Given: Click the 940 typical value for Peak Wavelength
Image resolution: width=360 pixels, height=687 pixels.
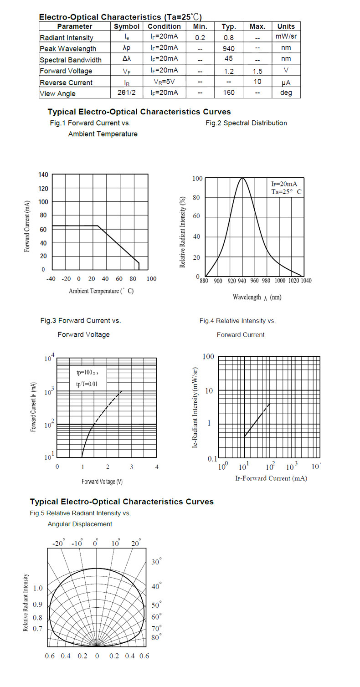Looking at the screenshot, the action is tap(229, 48).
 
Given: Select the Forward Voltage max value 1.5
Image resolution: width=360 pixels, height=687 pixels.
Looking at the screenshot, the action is tap(257, 71).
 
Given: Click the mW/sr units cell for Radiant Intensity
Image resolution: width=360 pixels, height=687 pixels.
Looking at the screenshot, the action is tap(286, 36).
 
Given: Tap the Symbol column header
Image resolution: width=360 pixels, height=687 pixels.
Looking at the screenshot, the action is tap(126, 26).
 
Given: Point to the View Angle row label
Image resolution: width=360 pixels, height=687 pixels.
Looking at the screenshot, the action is tap(57, 93).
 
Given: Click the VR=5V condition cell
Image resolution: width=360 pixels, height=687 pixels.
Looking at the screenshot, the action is tap(164, 82).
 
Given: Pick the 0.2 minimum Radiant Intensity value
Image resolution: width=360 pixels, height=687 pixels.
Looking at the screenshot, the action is tap(200, 37).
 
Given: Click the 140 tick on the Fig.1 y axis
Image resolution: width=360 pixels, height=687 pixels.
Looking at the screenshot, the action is tap(43, 175).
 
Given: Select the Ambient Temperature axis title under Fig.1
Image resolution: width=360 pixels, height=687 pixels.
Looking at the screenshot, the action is tap(101, 291).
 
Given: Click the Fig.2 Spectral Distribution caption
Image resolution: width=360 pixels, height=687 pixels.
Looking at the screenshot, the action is tap(247, 123).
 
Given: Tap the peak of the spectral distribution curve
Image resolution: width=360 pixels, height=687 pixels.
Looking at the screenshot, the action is tap(242, 178).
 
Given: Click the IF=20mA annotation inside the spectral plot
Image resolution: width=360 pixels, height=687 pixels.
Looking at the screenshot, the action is tap(284, 184).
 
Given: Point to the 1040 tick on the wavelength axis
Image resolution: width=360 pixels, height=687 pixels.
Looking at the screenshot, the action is tap(306, 280).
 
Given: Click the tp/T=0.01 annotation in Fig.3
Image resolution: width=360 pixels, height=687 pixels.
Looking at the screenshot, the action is tap(87, 384).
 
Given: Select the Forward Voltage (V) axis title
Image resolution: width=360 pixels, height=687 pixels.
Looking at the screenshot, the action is tap(102, 482).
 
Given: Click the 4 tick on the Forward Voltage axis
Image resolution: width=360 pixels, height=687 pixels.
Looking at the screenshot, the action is tap(157, 467).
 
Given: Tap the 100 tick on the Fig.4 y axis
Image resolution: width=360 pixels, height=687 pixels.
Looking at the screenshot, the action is tap(208, 356).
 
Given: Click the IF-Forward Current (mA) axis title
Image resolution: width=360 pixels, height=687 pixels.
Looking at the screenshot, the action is tap(271, 478).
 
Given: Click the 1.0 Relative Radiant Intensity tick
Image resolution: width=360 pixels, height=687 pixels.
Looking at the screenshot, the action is tap(38, 588).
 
